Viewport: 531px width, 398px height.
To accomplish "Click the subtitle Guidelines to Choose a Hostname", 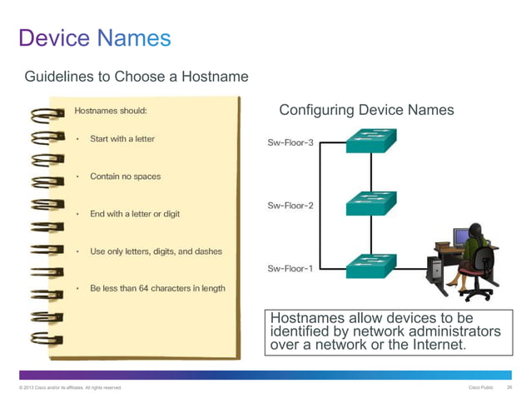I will point(136,77).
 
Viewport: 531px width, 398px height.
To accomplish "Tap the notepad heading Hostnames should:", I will point(111,109).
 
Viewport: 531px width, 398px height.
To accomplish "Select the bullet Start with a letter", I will point(122,138).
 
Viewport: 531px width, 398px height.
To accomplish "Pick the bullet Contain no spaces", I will point(126,177).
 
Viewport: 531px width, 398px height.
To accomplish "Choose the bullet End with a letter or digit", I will point(135,214).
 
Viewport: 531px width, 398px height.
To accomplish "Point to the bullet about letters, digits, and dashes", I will point(156,251).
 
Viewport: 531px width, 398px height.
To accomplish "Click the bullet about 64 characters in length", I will point(157,288).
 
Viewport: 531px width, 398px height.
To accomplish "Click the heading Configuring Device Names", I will point(366,110).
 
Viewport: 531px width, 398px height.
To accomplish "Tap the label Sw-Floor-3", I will point(290,142).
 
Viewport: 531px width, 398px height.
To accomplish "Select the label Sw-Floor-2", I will point(290,205).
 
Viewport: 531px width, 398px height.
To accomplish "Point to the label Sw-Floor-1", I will point(290,268).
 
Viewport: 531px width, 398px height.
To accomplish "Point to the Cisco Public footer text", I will point(482,388).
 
